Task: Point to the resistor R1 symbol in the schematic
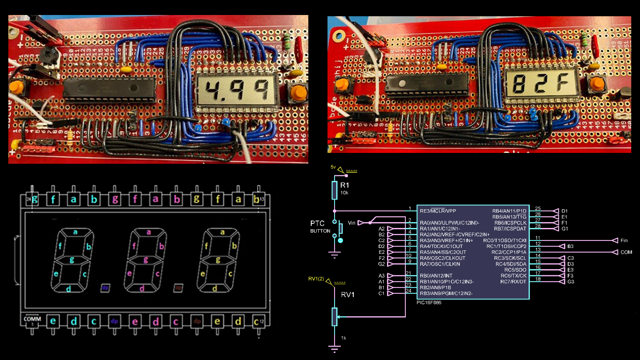(334, 190)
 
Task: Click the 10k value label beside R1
(344, 193)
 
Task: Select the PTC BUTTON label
(320, 227)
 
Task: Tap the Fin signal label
(624, 240)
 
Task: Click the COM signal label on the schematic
(626, 252)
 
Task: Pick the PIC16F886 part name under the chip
(429, 302)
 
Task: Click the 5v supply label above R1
(333, 167)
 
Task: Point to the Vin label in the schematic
(352, 223)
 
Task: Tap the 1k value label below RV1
(343, 338)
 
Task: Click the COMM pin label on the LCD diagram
(32, 319)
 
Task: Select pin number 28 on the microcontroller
(538, 226)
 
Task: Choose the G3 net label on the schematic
(570, 282)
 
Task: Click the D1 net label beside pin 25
(564, 211)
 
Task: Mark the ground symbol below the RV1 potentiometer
(334, 348)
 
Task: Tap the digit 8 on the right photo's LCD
(520, 85)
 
